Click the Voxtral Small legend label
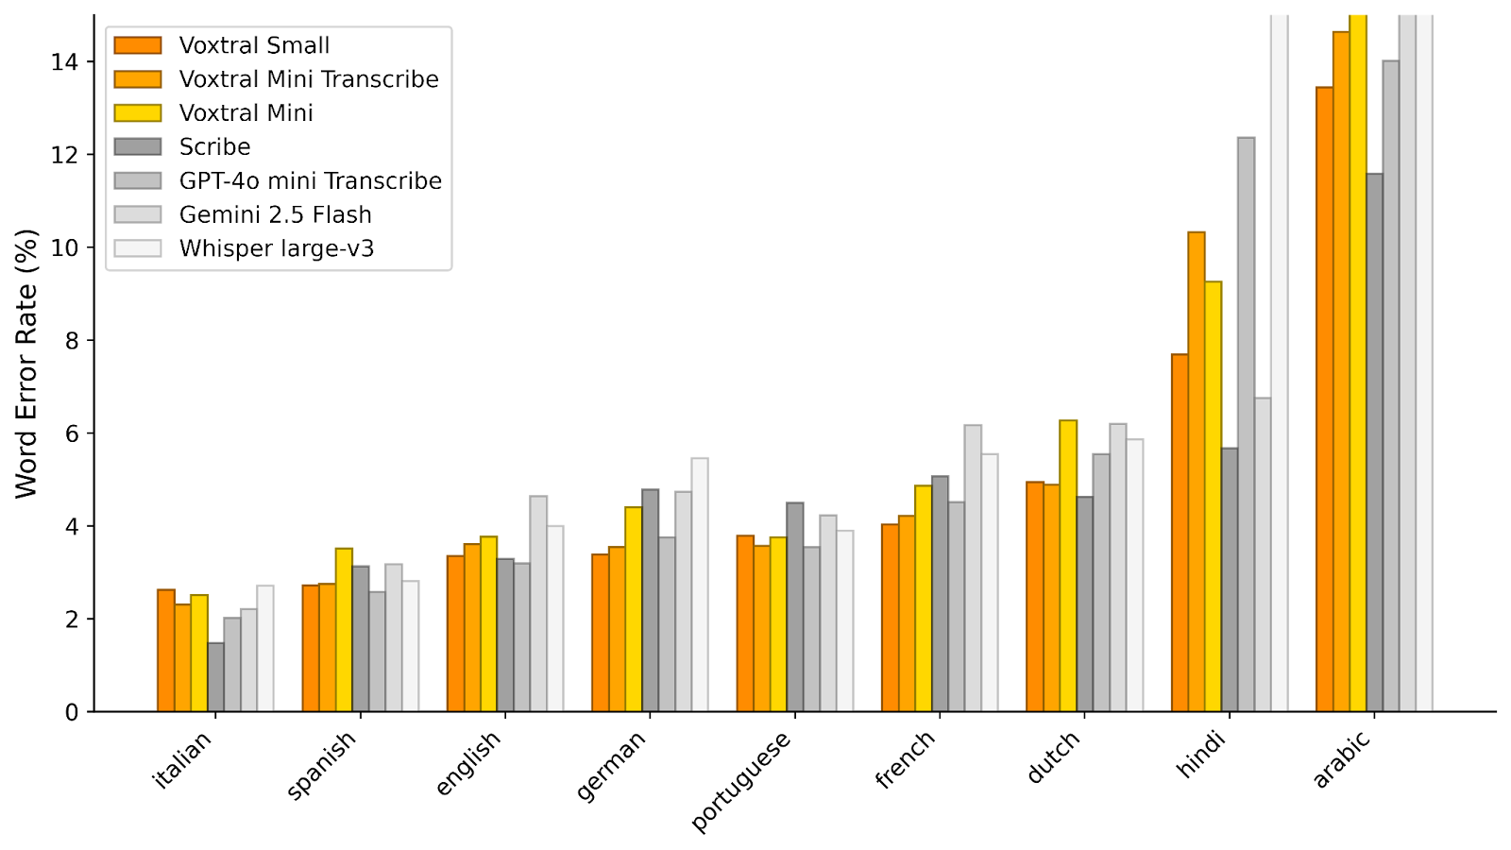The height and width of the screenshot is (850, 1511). [x=254, y=45]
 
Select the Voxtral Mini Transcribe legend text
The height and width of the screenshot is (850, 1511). [x=309, y=79]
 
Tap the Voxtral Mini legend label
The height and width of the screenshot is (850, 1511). [x=246, y=113]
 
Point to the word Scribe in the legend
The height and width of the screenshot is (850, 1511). [x=214, y=147]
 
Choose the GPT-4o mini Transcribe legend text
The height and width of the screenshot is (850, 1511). [x=310, y=181]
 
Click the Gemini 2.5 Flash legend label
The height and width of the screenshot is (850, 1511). [x=275, y=215]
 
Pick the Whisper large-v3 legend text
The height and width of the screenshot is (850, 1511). [x=277, y=248]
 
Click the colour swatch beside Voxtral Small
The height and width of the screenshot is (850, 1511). [x=138, y=45]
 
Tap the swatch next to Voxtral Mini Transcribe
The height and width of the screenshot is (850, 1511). [x=138, y=79]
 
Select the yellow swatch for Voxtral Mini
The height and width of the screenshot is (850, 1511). [x=138, y=113]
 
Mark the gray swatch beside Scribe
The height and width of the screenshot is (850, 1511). [x=138, y=147]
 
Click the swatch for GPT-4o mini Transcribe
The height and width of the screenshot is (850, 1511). [x=138, y=181]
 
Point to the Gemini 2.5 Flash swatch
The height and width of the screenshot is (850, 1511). [x=138, y=215]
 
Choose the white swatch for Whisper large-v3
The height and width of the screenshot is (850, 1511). [x=138, y=248]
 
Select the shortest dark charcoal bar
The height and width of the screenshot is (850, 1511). [x=216, y=676]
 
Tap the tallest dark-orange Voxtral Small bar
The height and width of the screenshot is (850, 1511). [x=1324, y=397]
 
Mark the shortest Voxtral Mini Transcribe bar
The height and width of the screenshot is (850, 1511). [x=182, y=657]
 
